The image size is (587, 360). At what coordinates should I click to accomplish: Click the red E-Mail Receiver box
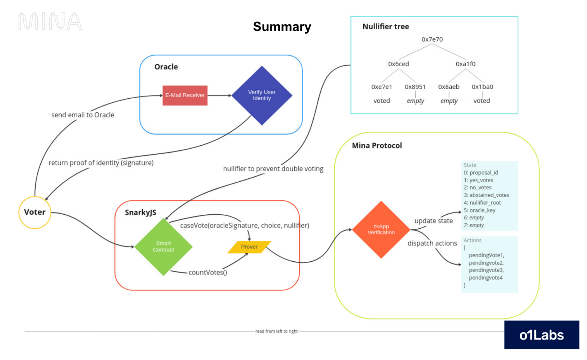tap(185, 95)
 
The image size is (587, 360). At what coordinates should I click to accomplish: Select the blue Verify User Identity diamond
tap(262, 95)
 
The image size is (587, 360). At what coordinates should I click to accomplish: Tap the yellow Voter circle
tap(35, 212)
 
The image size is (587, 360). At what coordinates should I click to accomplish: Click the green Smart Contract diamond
tap(163, 247)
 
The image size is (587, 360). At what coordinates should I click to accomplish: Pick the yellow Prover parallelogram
tap(249, 247)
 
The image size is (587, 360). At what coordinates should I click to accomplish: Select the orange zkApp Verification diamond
tap(381, 230)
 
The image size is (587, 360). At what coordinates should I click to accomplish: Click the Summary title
tap(282, 27)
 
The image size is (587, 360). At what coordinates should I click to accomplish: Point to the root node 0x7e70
tap(432, 39)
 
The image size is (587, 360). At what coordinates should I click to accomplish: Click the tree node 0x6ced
tap(398, 64)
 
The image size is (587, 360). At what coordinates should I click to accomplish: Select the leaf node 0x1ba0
tap(482, 87)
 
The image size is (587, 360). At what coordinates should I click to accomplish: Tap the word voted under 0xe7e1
tap(382, 101)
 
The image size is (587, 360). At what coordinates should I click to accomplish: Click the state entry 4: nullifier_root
tap(482, 203)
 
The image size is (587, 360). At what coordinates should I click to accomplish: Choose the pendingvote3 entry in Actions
tap(486, 270)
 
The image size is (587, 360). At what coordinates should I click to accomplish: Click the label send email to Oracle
tap(83, 115)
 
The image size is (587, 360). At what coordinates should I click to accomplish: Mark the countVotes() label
tap(208, 272)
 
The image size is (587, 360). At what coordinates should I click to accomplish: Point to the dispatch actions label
tap(432, 243)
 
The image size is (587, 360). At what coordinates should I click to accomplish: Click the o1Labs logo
tap(541, 335)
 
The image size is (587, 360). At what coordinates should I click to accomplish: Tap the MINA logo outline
tap(50, 21)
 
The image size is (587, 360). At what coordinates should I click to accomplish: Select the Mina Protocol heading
tap(377, 146)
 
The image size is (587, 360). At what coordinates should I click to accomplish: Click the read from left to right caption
tap(276, 331)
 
